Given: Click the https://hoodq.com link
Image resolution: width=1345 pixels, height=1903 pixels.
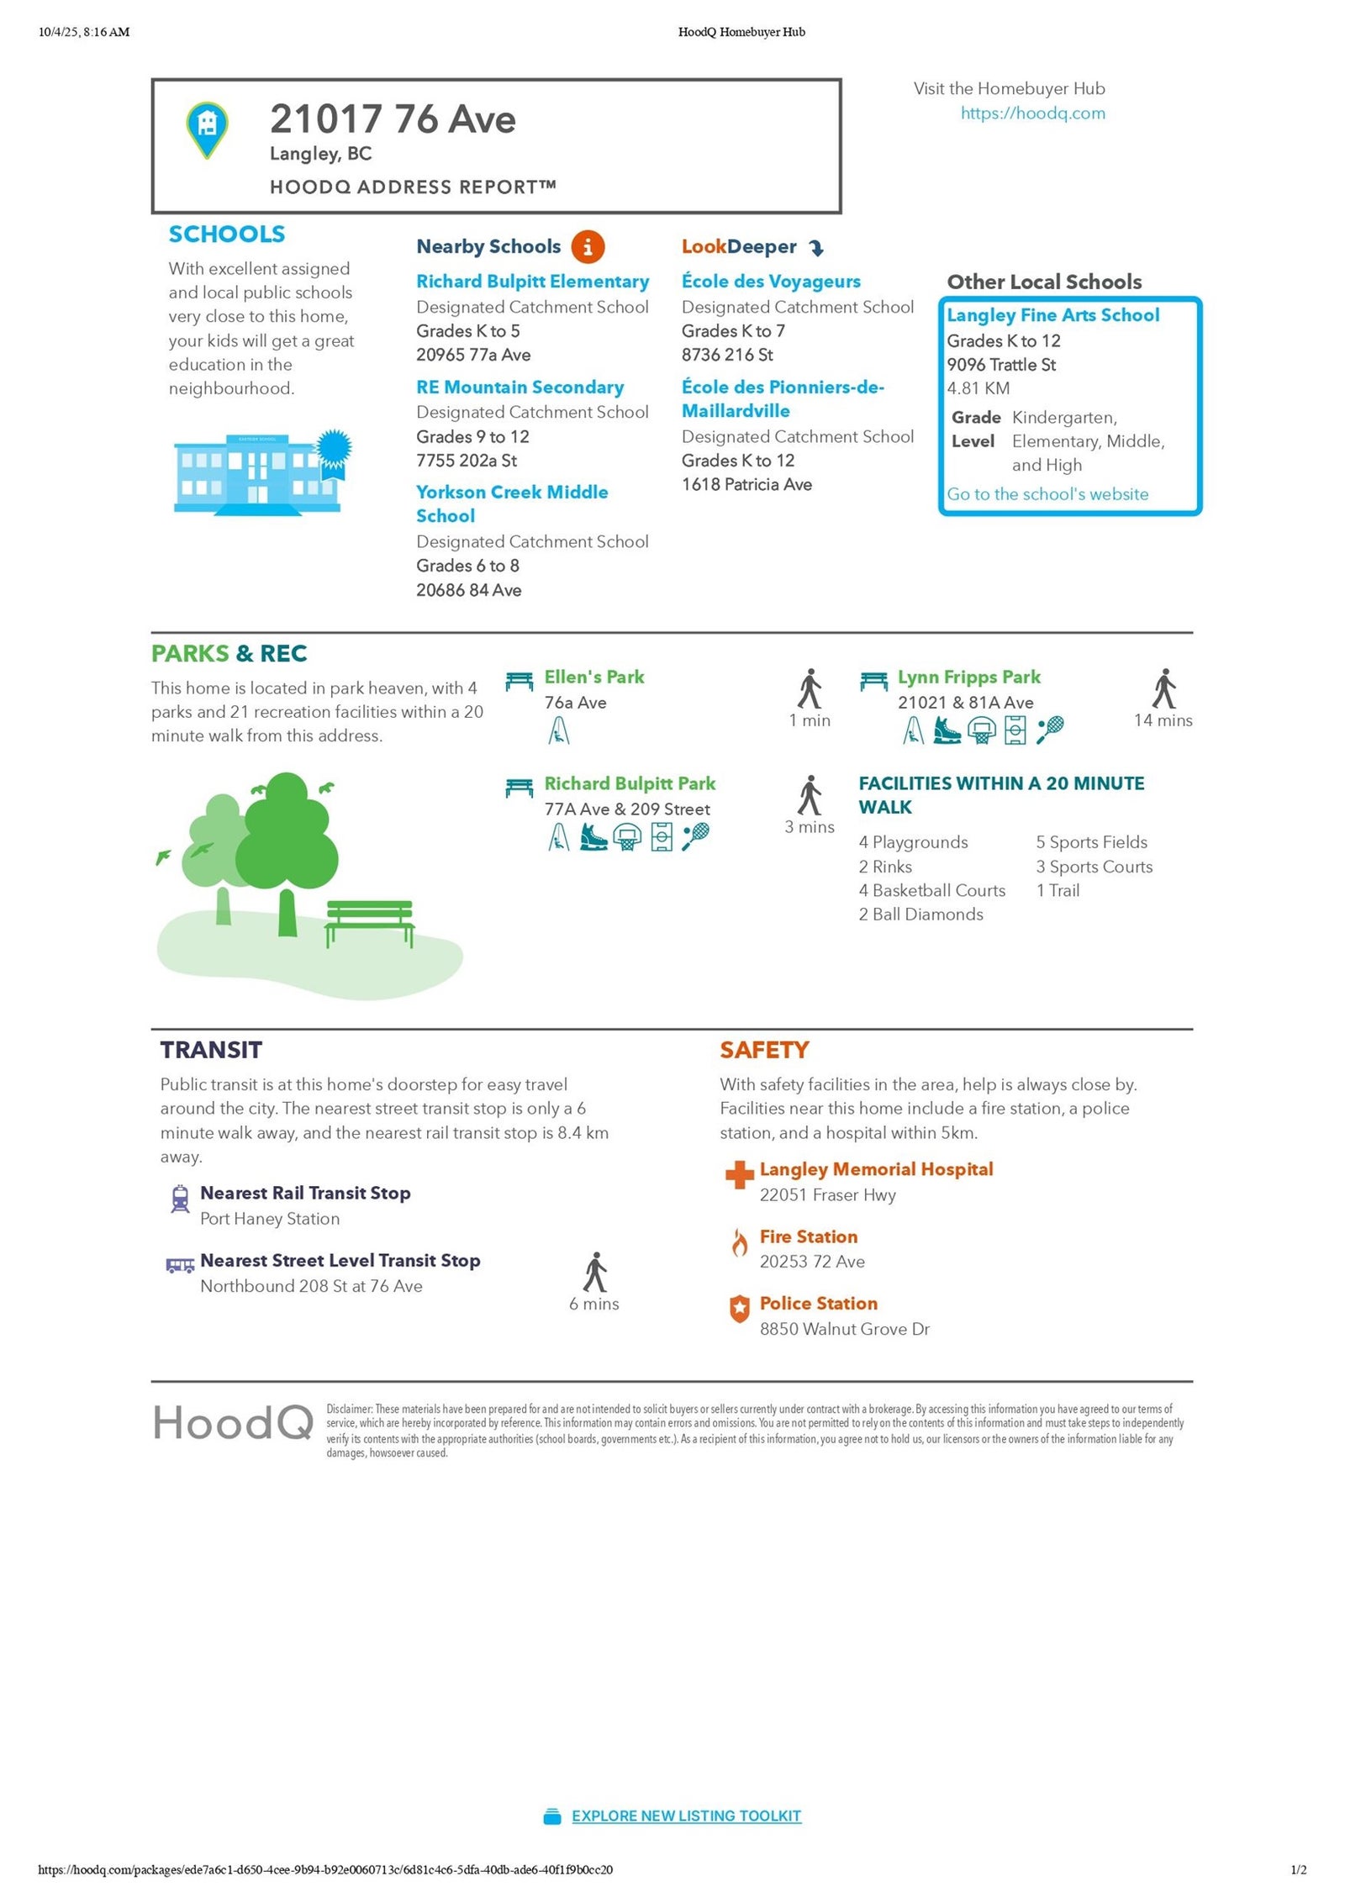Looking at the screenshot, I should pyautogui.click(x=1032, y=113).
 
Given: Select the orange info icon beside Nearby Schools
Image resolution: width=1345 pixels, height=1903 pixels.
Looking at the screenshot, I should pyautogui.click(x=588, y=247).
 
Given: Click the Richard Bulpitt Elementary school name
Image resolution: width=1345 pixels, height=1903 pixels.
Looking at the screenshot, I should pyautogui.click(x=532, y=282).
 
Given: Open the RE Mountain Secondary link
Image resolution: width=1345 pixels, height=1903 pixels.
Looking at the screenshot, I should pyautogui.click(x=520, y=387).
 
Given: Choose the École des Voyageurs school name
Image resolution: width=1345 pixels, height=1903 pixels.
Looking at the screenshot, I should pyautogui.click(x=771, y=282).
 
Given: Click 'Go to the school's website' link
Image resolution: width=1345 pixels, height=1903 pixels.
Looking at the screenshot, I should pyautogui.click(x=1047, y=494).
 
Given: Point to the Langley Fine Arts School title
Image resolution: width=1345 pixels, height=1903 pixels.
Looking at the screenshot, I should pyautogui.click(x=1052, y=315).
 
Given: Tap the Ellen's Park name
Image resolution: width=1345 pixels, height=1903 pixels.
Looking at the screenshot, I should pyautogui.click(x=593, y=677).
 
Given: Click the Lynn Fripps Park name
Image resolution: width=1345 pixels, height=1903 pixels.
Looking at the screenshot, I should pyautogui.click(x=968, y=677).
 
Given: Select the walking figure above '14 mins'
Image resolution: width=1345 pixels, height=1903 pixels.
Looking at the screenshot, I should pyautogui.click(x=1163, y=689).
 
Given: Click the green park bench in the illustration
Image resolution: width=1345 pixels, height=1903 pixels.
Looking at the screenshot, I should pyautogui.click(x=370, y=922).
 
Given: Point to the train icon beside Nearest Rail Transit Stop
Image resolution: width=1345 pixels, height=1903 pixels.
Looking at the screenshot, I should pyautogui.click(x=180, y=1199).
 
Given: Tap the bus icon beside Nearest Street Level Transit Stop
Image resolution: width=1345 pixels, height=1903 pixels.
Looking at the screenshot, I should pyautogui.click(x=180, y=1265).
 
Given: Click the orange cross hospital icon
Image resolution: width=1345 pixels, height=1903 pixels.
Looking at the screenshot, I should pyautogui.click(x=739, y=1174).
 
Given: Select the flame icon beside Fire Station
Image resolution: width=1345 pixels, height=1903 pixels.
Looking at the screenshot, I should pyautogui.click(x=739, y=1242).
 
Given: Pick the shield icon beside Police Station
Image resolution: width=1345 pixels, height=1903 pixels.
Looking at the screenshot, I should pyautogui.click(x=739, y=1309).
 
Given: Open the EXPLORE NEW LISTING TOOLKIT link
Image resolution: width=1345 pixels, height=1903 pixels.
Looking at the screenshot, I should pyautogui.click(x=686, y=1816).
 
